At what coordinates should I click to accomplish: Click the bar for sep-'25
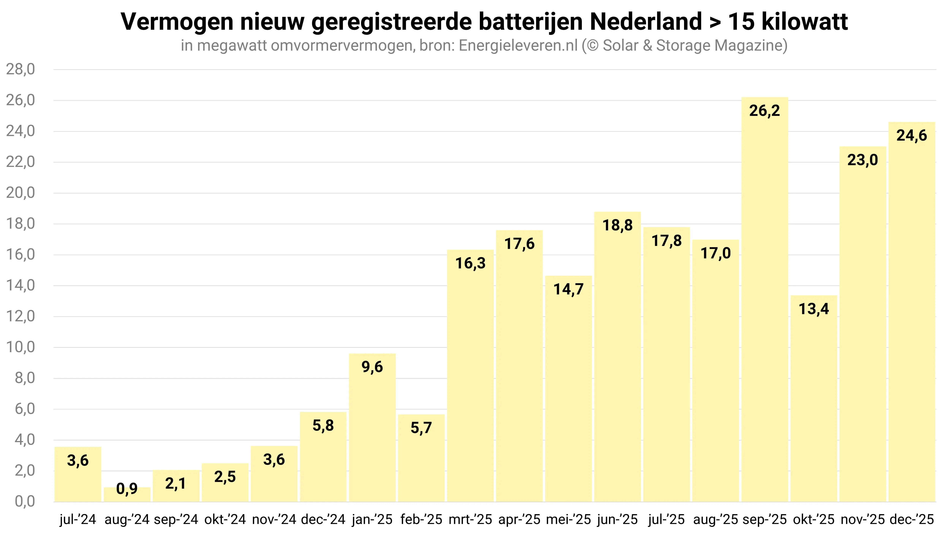(765, 299)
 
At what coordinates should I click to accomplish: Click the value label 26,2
(765, 111)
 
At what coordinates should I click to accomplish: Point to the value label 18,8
(617, 225)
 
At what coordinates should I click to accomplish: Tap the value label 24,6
(911, 136)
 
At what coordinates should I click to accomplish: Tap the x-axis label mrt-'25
(470, 519)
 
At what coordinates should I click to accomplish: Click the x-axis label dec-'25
(911, 519)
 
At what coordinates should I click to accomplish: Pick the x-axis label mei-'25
(568, 519)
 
